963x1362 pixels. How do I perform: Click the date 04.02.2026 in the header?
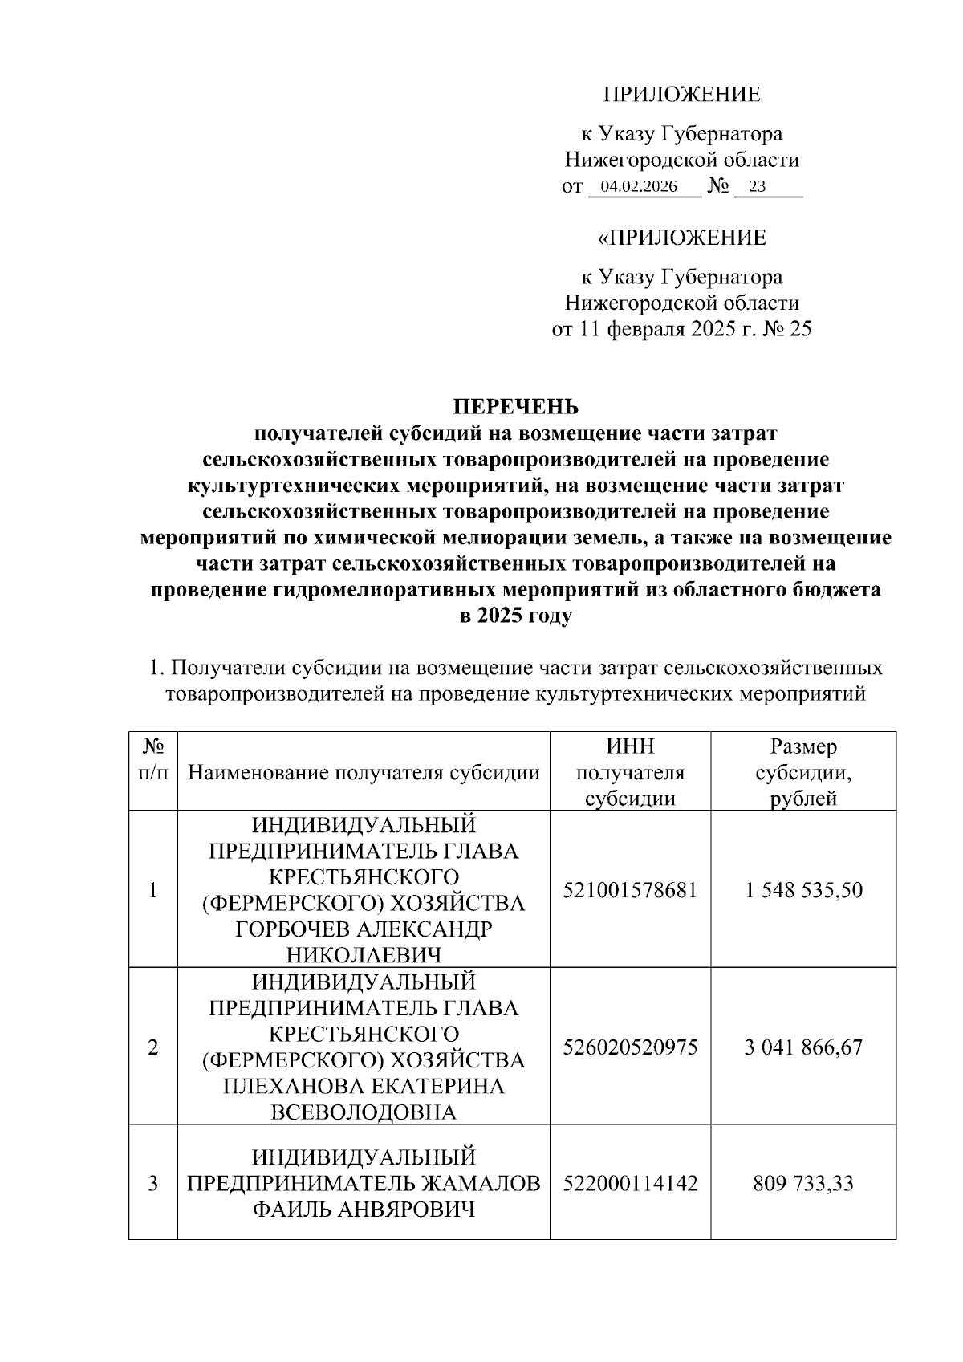tap(639, 188)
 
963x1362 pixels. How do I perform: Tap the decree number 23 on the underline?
tap(756, 188)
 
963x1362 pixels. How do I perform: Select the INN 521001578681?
tap(630, 890)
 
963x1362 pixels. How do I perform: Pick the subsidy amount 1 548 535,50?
tap(802, 890)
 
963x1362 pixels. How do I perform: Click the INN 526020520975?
tap(630, 1047)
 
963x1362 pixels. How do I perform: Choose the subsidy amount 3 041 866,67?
tap(802, 1047)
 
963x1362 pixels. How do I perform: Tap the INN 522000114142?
tap(630, 1183)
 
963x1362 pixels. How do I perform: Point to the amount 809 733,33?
tap(802, 1183)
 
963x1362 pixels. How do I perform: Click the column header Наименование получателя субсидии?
tap(364, 773)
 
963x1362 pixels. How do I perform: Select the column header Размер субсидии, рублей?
tap(802, 773)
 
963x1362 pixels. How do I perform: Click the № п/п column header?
tap(153, 760)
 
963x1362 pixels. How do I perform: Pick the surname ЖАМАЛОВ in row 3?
tap(477, 1183)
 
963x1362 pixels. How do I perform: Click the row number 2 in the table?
tap(152, 1047)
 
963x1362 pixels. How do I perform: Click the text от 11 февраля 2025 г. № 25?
tap(681, 330)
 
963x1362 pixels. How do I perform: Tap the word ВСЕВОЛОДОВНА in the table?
tap(364, 1112)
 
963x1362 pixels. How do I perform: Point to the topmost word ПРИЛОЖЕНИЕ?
tap(681, 95)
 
